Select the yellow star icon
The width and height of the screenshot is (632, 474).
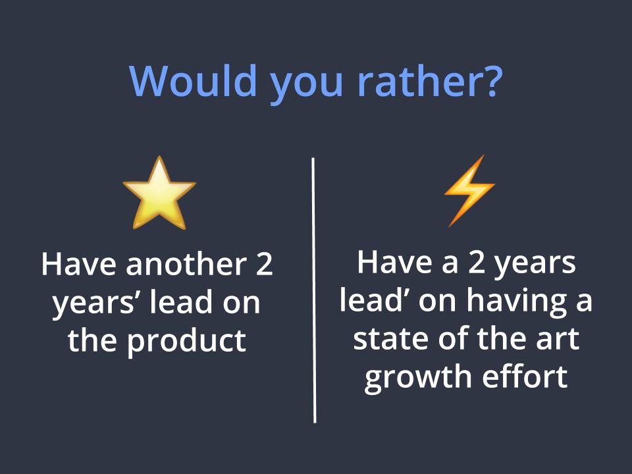coord(159,194)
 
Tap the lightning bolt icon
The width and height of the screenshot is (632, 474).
coord(469,191)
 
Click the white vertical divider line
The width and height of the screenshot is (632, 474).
coord(313,290)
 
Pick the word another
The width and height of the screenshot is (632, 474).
coord(186,265)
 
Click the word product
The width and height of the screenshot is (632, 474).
coord(186,342)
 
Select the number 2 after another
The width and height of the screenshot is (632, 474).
coord(265,265)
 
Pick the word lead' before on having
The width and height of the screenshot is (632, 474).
coord(371,300)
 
